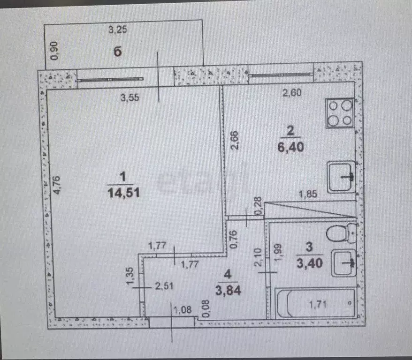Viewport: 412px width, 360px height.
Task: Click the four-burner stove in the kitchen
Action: pos(340,113)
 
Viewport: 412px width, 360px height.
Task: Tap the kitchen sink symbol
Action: pos(341,177)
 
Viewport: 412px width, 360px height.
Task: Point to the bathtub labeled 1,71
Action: pos(316,304)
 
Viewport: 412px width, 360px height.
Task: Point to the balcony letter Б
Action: pos(117,52)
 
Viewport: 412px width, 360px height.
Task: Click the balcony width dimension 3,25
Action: pos(118,30)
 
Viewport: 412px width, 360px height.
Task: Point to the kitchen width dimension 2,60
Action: pos(291,93)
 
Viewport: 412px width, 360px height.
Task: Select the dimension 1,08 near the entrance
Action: pos(183,309)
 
